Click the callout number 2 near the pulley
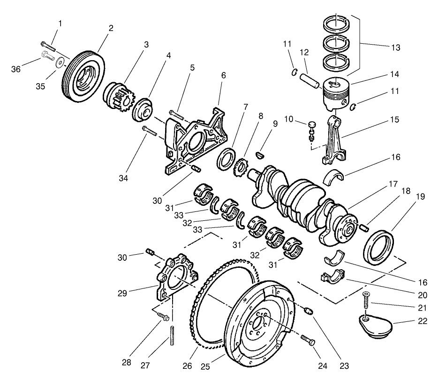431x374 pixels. tap(111, 28)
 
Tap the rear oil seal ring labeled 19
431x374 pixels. tap(380, 245)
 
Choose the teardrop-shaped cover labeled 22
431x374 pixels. tap(375, 327)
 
